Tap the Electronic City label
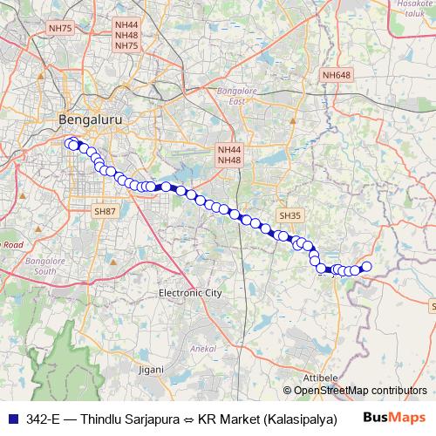pyautogui.click(x=190, y=294)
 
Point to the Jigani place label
pyautogui.click(x=151, y=369)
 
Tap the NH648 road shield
pyautogui.click(x=336, y=76)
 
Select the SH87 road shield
pyautogui.click(x=105, y=211)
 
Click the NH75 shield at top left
pyautogui.click(x=61, y=29)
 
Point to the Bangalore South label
pyautogui.click(x=46, y=266)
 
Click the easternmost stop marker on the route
pyautogui.click(x=366, y=266)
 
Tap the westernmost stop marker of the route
pyautogui.click(x=69, y=143)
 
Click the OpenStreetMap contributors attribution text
pyautogui.click(x=360, y=391)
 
